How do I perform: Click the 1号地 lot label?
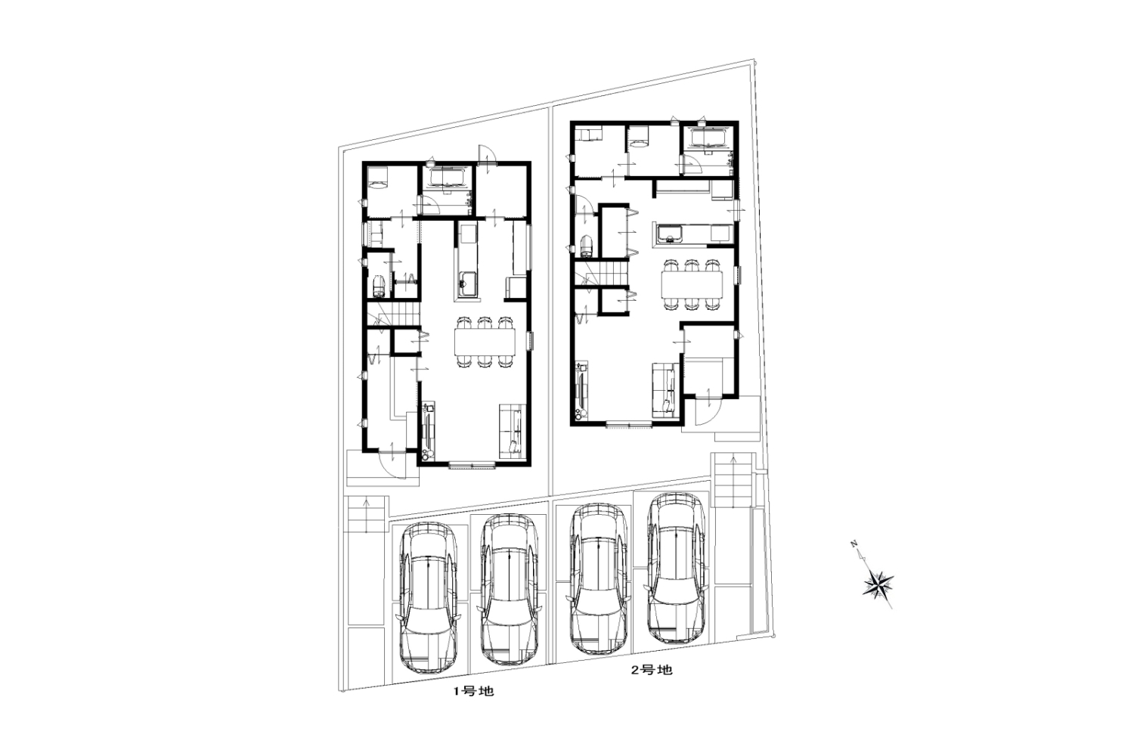pyautogui.click(x=472, y=691)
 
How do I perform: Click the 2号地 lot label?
pyautogui.click(x=652, y=670)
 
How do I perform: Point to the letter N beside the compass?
pyautogui.click(x=854, y=545)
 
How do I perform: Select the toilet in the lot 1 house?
pyautogui.click(x=379, y=287)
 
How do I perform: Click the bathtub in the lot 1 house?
pyautogui.click(x=448, y=179)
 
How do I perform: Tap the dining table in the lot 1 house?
pyautogui.click(x=485, y=342)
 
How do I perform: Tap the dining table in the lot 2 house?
pyautogui.click(x=692, y=284)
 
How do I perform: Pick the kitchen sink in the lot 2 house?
pyautogui.click(x=669, y=234)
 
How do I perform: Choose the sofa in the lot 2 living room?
pyautogui.click(x=664, y=390)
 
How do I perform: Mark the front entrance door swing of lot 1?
pyautogui.click(x=392, y=463)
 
